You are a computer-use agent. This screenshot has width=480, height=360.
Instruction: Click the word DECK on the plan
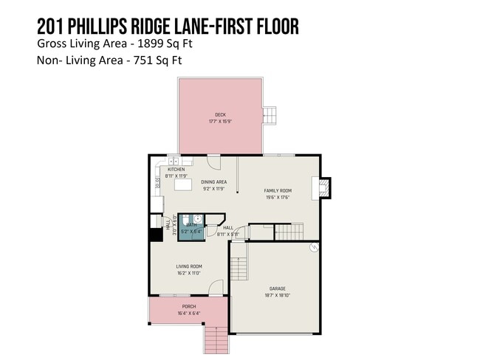(x=220, y=114)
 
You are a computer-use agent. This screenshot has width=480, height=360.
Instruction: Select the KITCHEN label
(x=176, y=170)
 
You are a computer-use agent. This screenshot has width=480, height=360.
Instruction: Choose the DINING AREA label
(x=213, y=182)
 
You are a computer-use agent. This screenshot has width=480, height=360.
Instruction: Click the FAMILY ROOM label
(x=278, y=191)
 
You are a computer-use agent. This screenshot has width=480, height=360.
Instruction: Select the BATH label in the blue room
(x=191, y=225)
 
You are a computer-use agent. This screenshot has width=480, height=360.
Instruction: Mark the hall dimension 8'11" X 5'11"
(x=228, y=234)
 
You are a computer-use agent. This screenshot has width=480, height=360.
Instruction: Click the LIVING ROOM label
(x=189, y=266)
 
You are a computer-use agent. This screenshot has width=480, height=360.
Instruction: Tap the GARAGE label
(x=277, y=288)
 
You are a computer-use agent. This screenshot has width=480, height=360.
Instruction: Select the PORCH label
(x=189, y=306)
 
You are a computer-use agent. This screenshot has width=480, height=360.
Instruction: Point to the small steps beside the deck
(x=271, y=115)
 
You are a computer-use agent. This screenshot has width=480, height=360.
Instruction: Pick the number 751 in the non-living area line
(x=129, y=61)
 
